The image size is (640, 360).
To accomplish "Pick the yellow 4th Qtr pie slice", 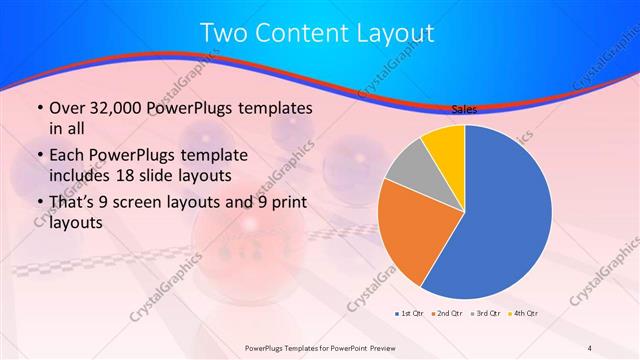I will click(444, 145).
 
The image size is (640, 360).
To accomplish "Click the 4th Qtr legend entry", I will click(524, 314).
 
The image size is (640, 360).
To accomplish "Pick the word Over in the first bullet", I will click(67, 107).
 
